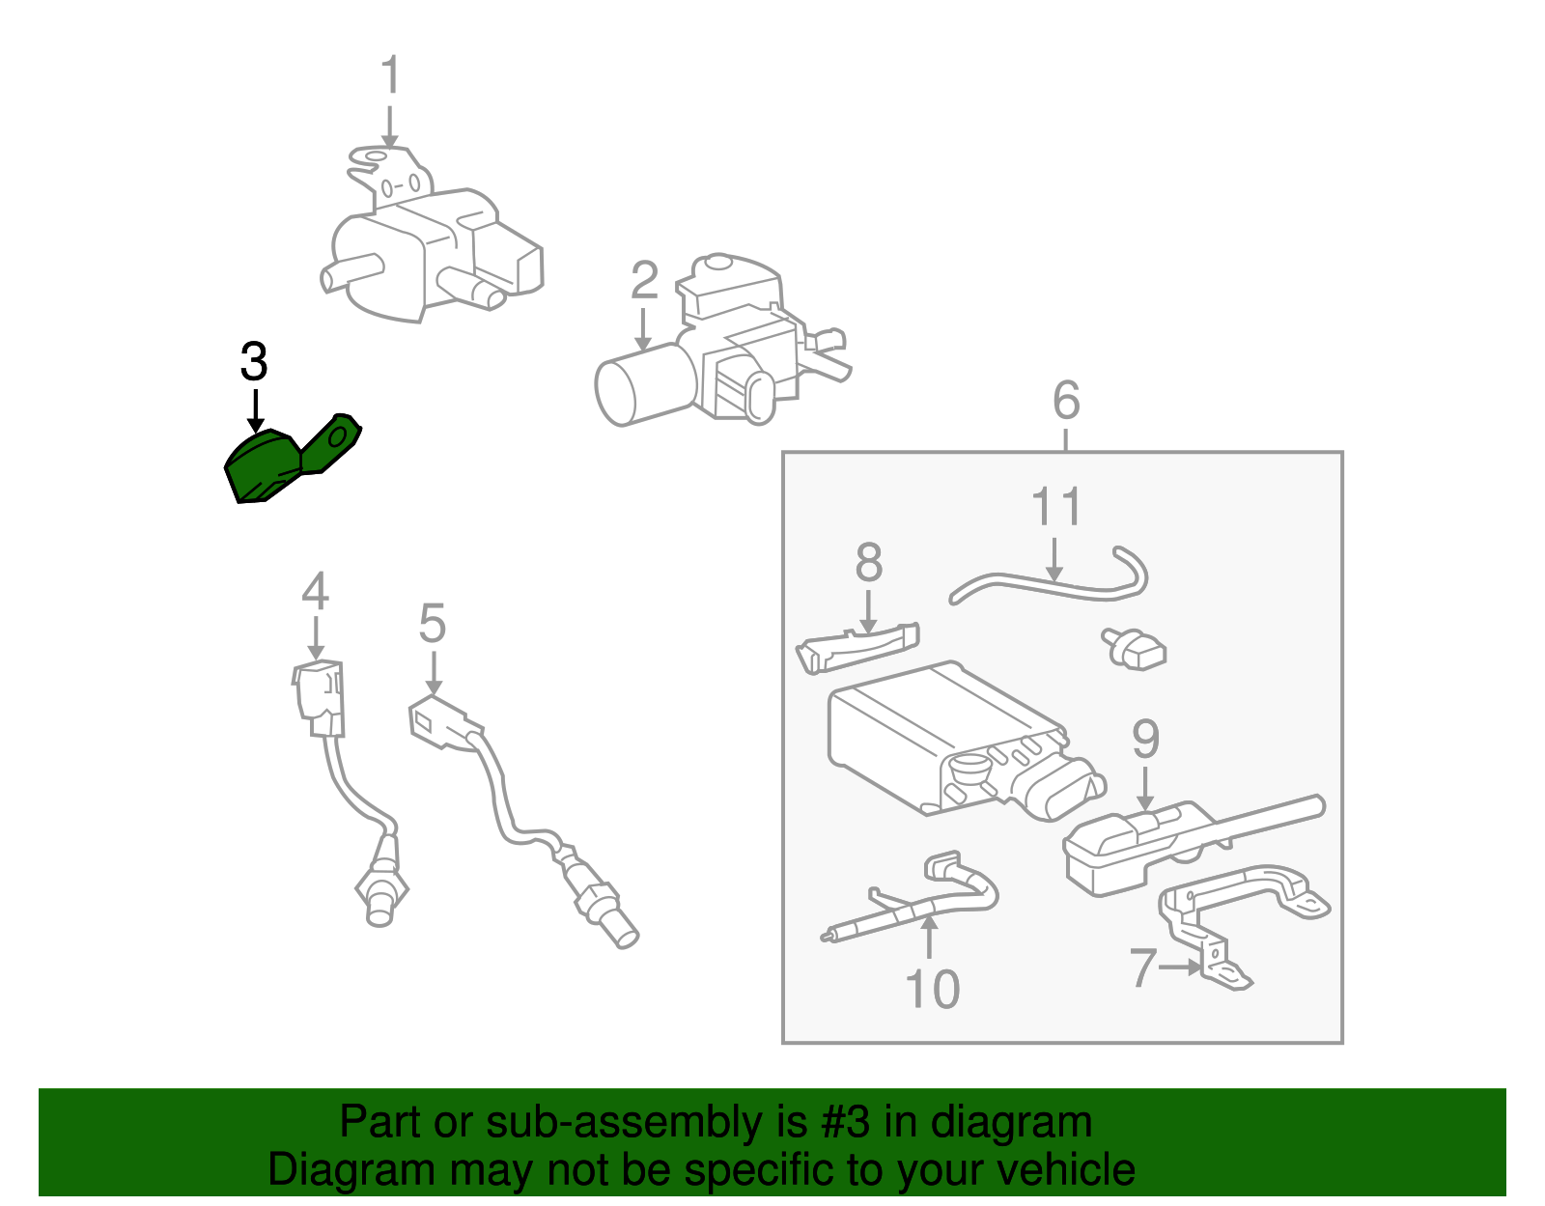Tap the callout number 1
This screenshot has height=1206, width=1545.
pos(390,76)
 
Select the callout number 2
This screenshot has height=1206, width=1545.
pos(644,281)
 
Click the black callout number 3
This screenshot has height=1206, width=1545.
pos(253,362)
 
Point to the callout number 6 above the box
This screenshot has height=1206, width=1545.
pos(1065,400)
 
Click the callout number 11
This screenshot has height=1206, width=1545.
pos(1056,507)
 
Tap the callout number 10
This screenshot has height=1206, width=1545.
pos(932,989)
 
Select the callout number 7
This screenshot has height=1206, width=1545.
pos(1142,967)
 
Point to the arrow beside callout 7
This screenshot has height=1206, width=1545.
pos(1180,966)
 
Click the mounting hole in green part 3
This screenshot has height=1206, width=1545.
pos(340,437)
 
